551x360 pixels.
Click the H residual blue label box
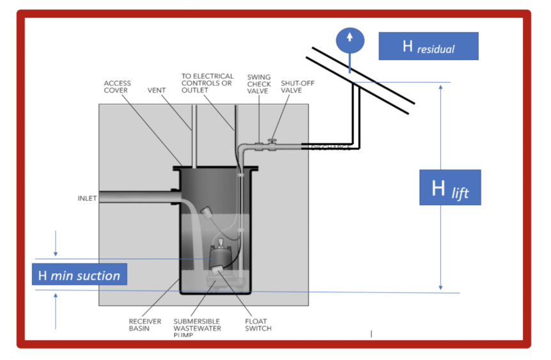point(428,46)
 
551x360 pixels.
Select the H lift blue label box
point(449,188)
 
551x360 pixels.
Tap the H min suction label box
point(79,275)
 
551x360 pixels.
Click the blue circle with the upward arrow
point(349,38)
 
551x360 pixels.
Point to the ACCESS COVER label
point(117,87)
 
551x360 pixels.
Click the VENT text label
point(157,90)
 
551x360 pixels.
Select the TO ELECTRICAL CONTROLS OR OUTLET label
point(207,83)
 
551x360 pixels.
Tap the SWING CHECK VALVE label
point(259,84)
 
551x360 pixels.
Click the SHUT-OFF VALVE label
point(297,87)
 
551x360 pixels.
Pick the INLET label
point(87,198)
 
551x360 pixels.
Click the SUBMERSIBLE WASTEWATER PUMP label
point(197,327)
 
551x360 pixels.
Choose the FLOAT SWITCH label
point(258,325)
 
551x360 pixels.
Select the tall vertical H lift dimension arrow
point(440,185)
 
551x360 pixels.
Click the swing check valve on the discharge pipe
point(258,146)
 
